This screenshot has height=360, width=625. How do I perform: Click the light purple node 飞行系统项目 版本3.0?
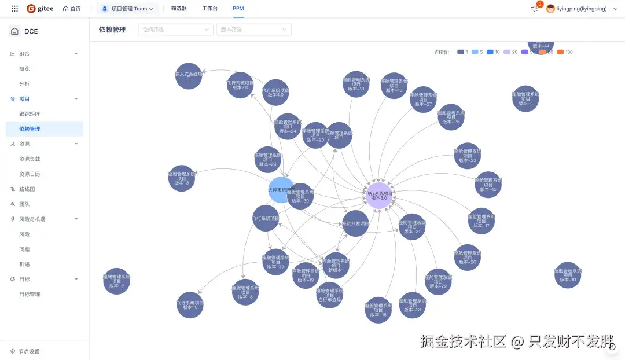(379, 195)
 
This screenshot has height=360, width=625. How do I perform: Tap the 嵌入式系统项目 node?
(189, 76)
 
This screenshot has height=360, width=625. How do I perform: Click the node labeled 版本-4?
(525, 98)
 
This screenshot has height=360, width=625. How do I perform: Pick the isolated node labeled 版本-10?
(568, 275)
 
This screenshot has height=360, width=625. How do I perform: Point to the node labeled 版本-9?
(116, 281)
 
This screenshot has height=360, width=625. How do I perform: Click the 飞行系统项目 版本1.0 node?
(190, 305)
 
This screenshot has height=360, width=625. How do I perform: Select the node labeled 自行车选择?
(330, 295)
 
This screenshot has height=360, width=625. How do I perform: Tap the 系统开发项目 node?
(355, 223)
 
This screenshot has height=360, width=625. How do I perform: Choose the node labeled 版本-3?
(182, 178)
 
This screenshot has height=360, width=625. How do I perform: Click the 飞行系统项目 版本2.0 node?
(240, 85)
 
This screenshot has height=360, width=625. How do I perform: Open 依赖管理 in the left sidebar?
(30, 129)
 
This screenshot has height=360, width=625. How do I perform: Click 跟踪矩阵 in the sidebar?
(30, 114)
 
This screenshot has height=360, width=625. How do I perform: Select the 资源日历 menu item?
(30, 174)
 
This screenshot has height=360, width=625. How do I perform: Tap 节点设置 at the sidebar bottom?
(28, 351)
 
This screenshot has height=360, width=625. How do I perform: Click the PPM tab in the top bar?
(238, 9)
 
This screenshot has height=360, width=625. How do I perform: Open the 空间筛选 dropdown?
(175, 30)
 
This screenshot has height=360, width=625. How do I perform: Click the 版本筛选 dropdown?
(253, 30)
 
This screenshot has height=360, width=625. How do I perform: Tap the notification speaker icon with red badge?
(534, 9)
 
